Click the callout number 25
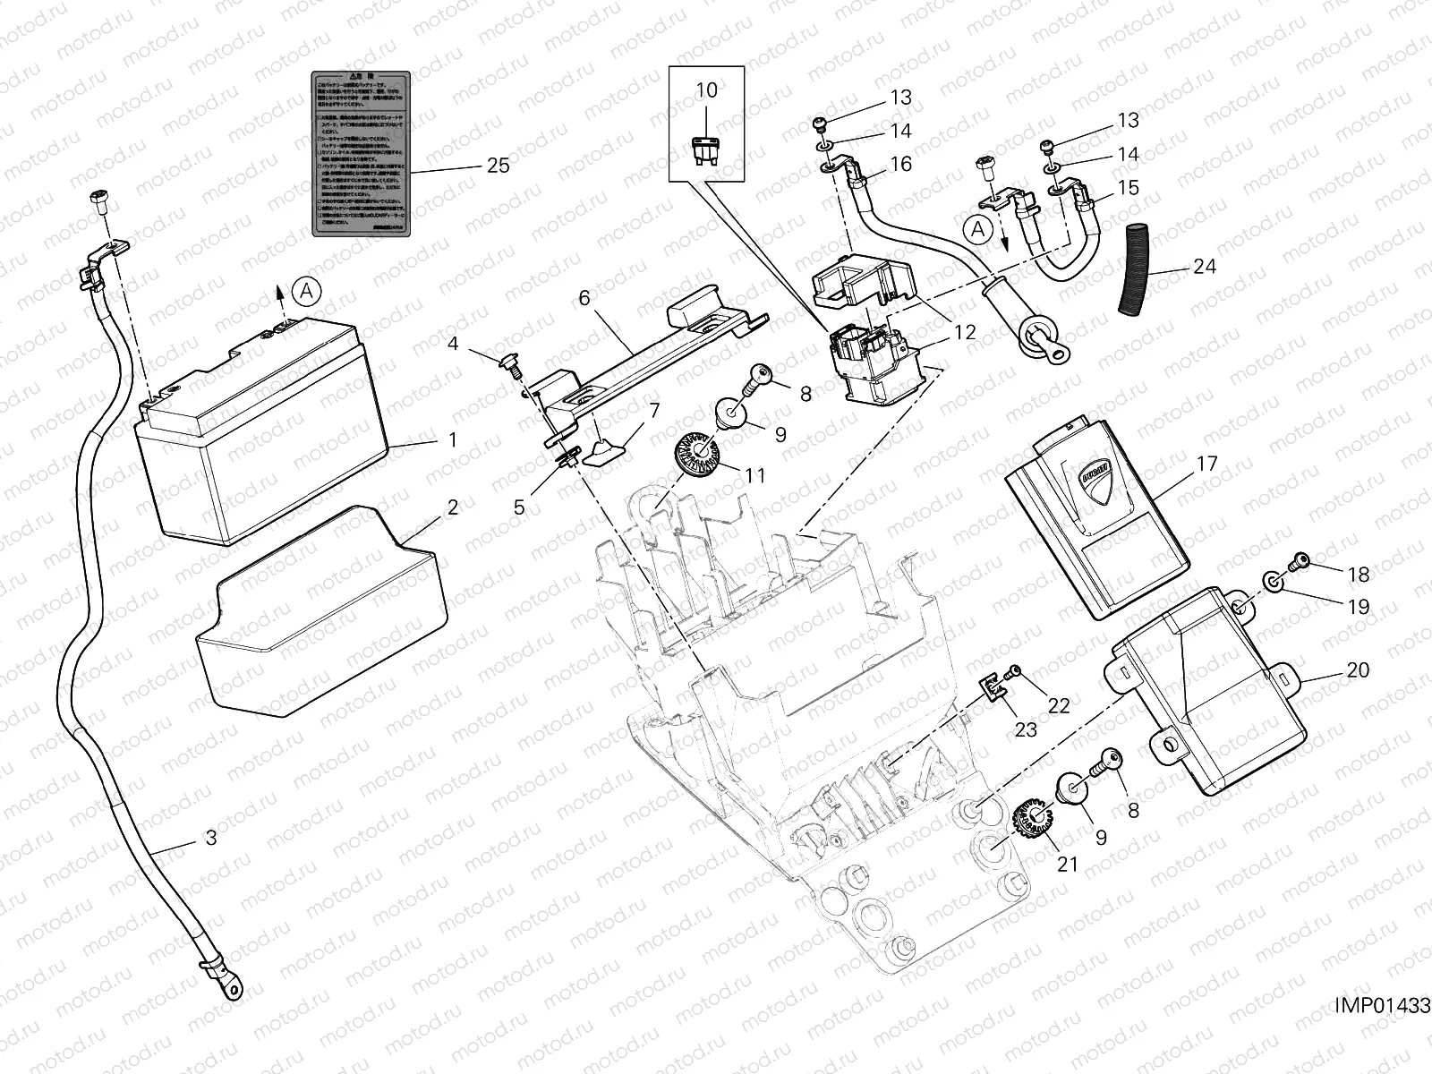pyautogui.click(x=498, y=166)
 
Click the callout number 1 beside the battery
pyautogui.click(x=453, y=439)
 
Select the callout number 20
pyautogui.click(x=1358, y=669)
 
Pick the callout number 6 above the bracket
pyautogui.click(x=584, y=298)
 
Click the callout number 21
pyautogui.click(x=1068, y=865)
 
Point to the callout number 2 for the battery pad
pyautogui.click(x=453, y=507)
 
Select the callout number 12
pyautogui.click(x=965, y=332)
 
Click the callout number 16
pyautogui.click(x=901, y=164)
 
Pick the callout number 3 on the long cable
pyautogui.click(x=211, y=838)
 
